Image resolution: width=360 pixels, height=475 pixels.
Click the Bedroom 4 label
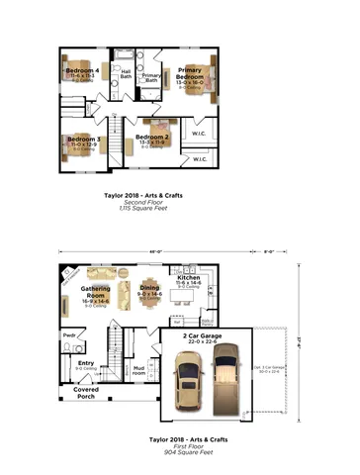pyautogui.click(x=83, y=71)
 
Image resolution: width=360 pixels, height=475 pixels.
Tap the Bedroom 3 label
pyautogui.click(x=84, y=140)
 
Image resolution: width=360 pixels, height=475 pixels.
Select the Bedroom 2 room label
pyautogui.click(x=153, y=137)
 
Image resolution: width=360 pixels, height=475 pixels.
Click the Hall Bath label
pyautogui.click(x=126, y=74)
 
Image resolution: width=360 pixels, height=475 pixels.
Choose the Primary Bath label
pyautogui.click(x=151, y=77)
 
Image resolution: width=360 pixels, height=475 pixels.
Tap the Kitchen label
pyautogui.click(x=189, y=278)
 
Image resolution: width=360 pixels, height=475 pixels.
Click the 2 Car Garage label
pyautogui.click(x=203, y=335)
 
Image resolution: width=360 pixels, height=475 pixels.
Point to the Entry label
pyautogui.click(x=86, y=363)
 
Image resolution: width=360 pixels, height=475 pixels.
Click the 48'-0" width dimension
pyautogui.click(x=144, y=252)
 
